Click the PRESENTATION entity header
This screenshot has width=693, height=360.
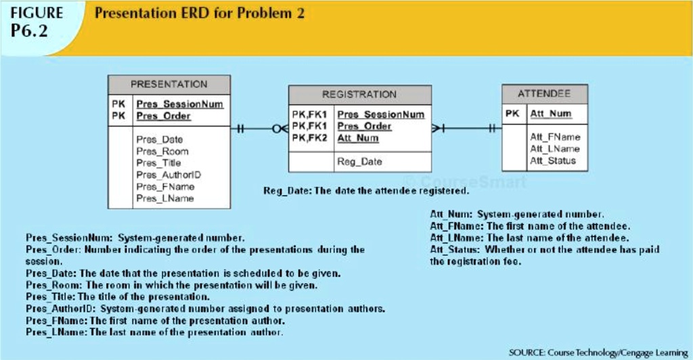pos(169,85)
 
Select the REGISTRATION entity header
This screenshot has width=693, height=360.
pos(359,95)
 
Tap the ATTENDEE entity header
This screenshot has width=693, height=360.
pos(543,93)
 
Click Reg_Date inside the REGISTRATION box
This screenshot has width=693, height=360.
pos(359,162)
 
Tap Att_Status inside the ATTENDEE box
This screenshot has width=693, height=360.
pos(552,160)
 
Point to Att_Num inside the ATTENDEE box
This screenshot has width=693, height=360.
pos(550,114)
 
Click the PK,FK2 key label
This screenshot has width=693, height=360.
pos(309,138)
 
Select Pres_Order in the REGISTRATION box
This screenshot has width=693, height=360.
pos(364,127)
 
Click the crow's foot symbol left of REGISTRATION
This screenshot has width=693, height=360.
pos(280,128)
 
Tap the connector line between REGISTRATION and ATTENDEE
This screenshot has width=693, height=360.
pos(467,127)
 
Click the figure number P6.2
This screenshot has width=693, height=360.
pos(30,31)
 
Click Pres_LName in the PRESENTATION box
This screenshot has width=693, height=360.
pos(164,198)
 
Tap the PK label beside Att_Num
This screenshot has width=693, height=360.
pos(512,114)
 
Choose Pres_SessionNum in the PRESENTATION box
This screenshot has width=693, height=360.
pos(179,104)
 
